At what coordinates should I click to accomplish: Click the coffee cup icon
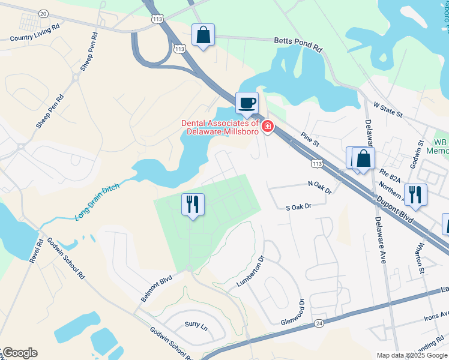point(247,103)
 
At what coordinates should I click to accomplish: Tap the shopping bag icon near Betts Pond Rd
point(203,35)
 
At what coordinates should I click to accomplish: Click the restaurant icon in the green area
point(193,204)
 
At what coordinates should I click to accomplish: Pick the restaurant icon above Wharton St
point(415,194)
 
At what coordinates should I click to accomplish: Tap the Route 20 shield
point(43,13)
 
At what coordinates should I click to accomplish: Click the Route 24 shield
point(318,323)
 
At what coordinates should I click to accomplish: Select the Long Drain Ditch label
point(98,202)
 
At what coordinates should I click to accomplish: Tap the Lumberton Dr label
point(250,272)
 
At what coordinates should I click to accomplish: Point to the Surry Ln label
point(196,324)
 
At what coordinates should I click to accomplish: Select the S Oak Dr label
point(298,206)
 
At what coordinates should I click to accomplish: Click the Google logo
point(20,352)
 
